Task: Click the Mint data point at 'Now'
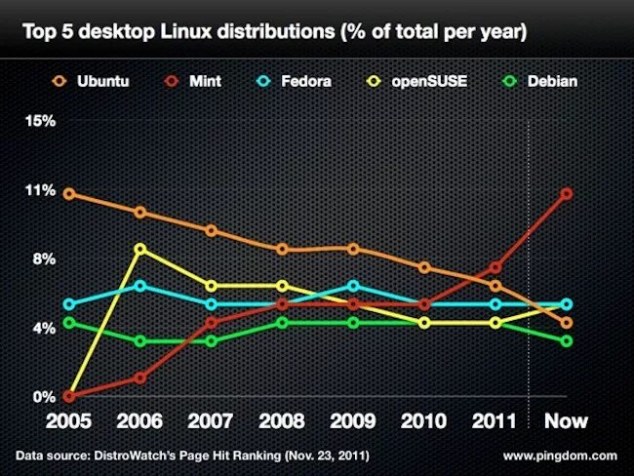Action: (567, 194)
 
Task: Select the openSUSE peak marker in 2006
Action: (140, 250)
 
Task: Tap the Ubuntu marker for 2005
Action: (69, 194)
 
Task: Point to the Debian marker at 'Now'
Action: (567, 341)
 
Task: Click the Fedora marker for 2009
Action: (353, 286)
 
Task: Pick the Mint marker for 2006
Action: (140, 377)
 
